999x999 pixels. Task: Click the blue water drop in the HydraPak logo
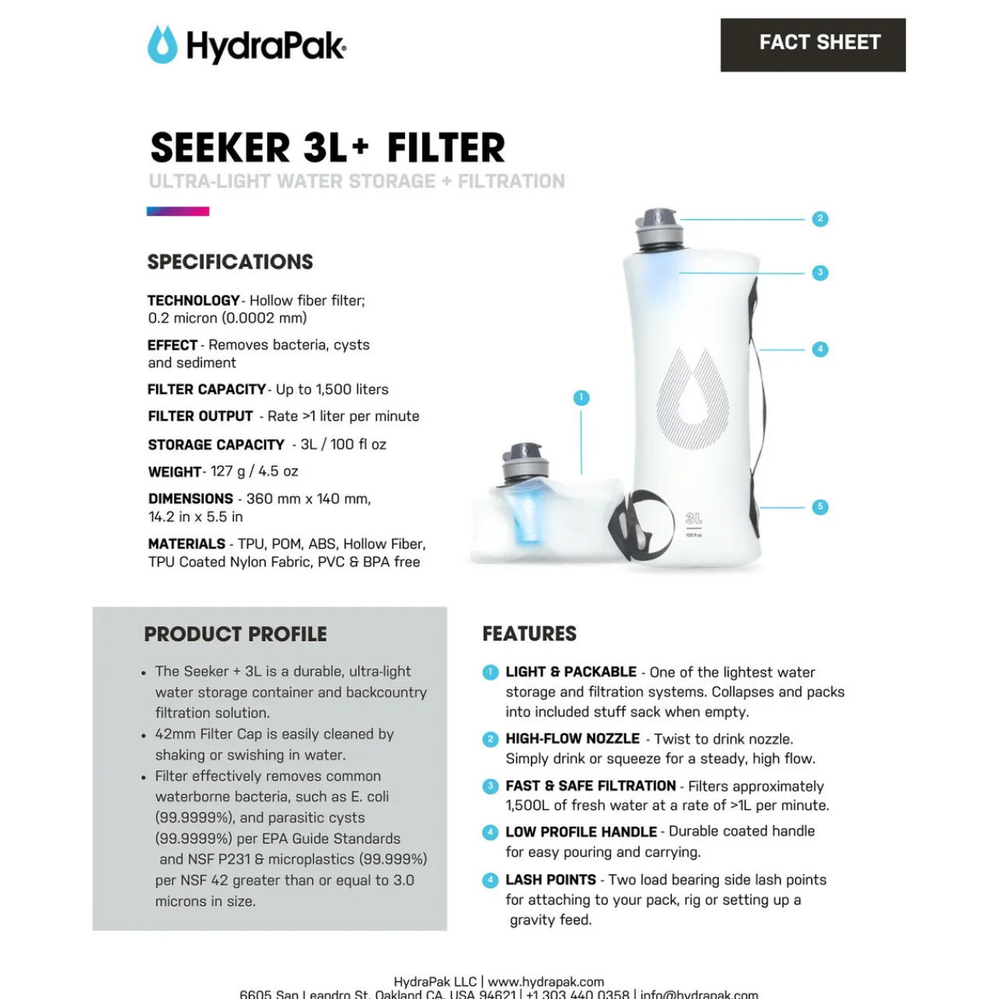click(x=162, y=45)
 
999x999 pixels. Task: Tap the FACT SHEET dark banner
click(x=812, y=44)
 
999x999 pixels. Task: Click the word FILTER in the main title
click(x=446, y=148)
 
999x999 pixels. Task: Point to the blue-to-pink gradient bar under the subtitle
click(x=178, y=211)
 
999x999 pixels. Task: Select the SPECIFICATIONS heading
click(x=230, y=261)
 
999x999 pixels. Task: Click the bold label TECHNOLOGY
click(x=194, y=300)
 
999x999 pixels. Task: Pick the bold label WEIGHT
click(x=175, y=471)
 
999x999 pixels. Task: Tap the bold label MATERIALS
click(x=187, y=544)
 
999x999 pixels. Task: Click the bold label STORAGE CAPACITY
click(x=216, y=445)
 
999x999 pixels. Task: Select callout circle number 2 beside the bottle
click(x=819, y=219)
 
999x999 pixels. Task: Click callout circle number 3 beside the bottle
click(x=819, y=272)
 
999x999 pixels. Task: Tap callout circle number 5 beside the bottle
click(x=819, y=507)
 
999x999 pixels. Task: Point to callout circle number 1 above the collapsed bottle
click(x=581, y=397)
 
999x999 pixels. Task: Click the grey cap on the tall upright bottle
click(x=659, y=227)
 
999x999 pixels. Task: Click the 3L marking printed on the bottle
click(x=693, y=519)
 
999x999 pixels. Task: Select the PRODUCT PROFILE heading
click(x=236, y=634)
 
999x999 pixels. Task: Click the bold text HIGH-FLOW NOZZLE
click(x=572, y=738)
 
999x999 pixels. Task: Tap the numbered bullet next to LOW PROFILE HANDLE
click(x=490, y=832)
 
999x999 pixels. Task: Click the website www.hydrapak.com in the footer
click(x=546, y=981)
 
